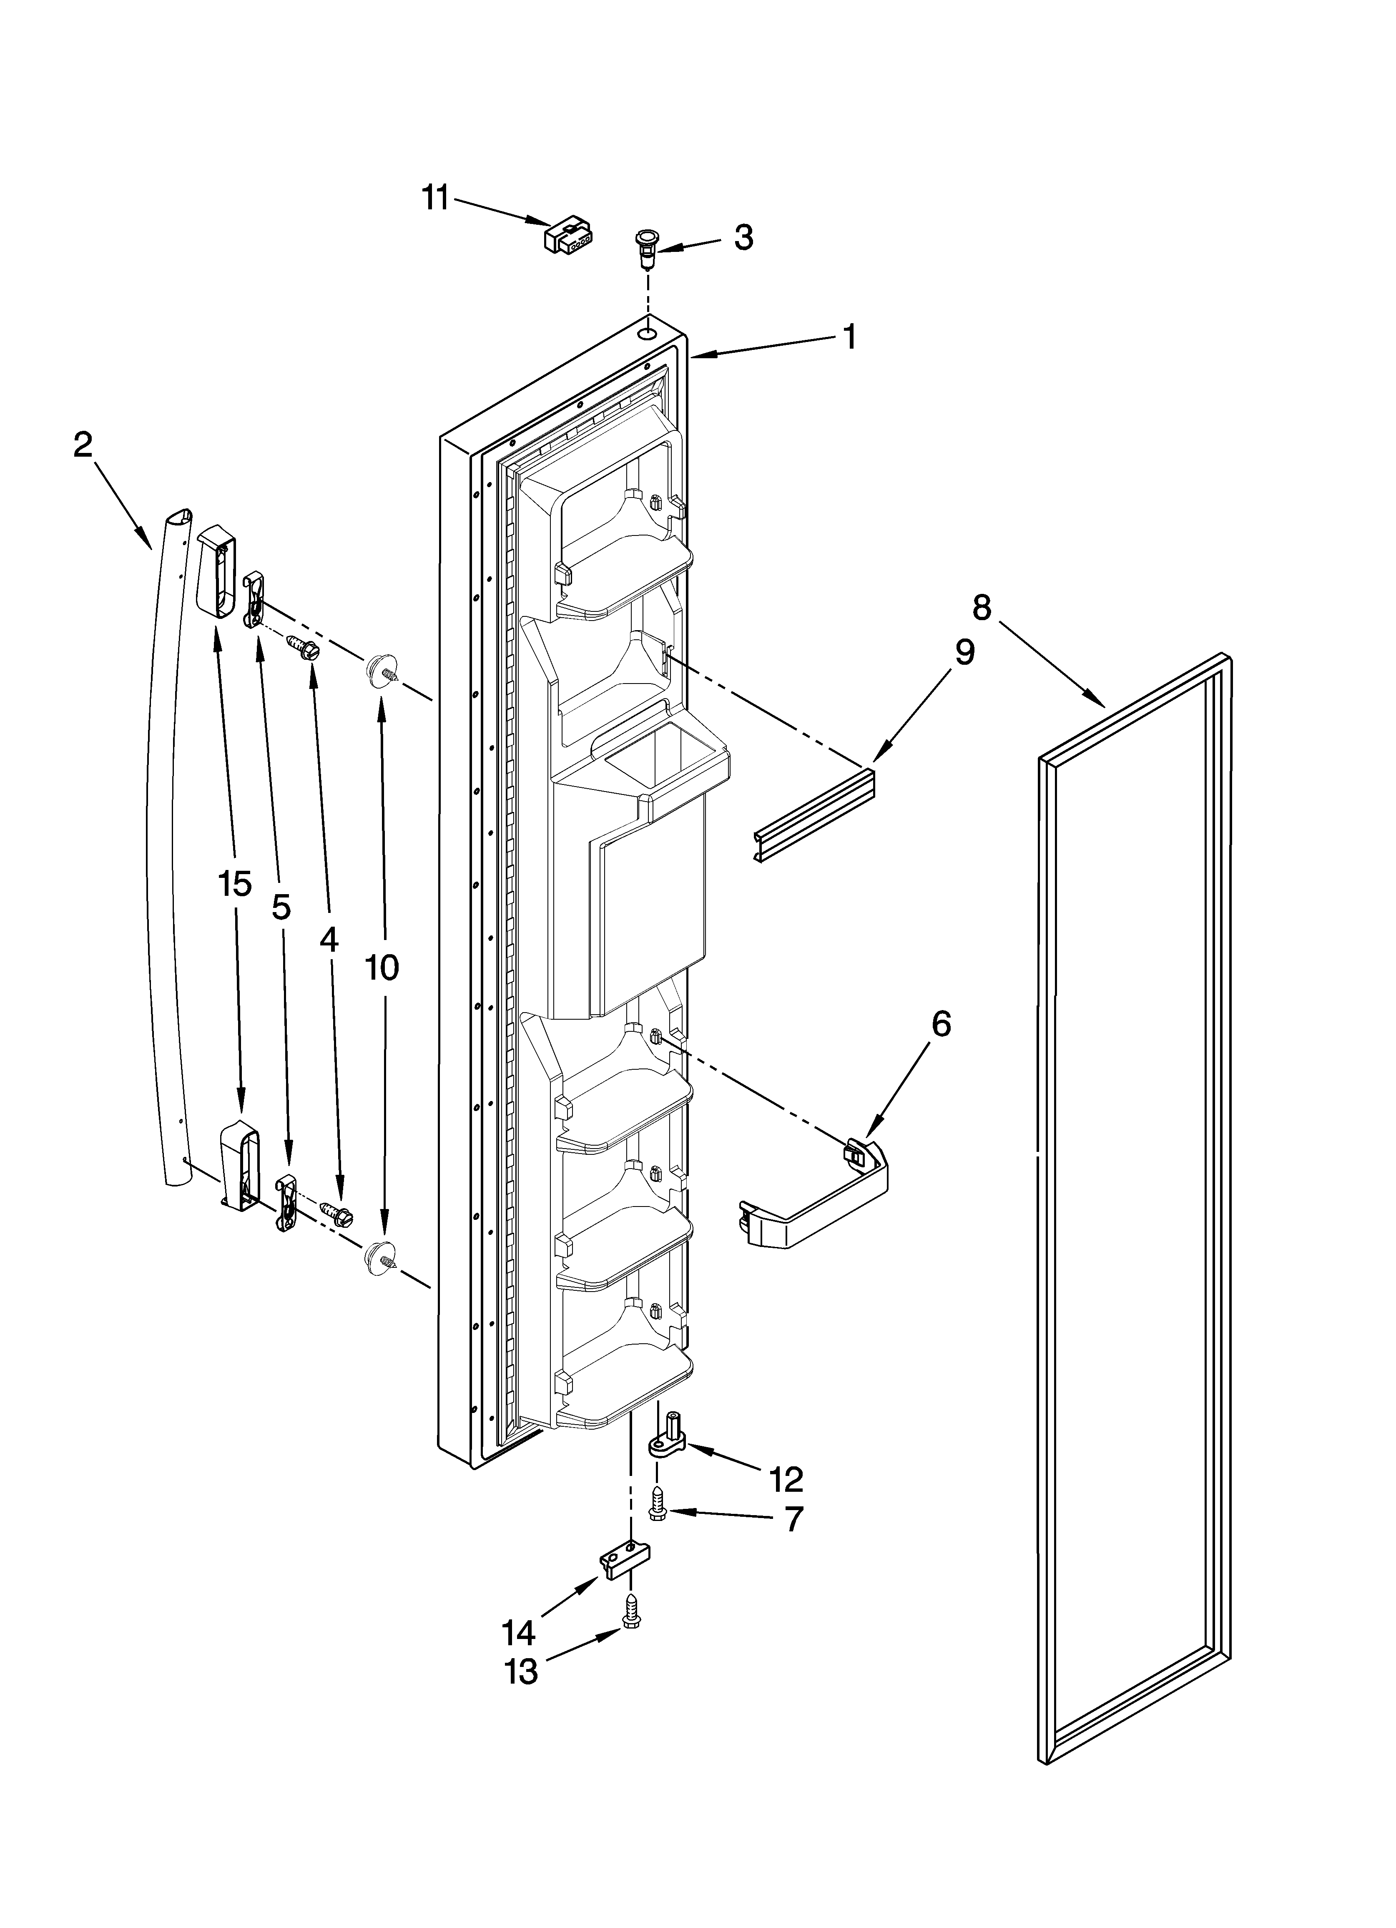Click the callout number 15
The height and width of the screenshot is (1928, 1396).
point(235,884)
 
